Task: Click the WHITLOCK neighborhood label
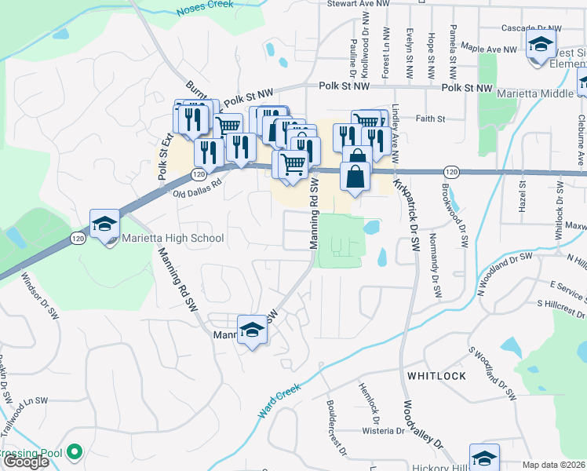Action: pos(436,376)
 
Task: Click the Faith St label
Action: pos(431,119)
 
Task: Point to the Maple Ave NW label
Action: pos(489,49)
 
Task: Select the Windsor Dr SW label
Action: pos(40,295)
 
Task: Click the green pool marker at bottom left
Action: pos(74,452)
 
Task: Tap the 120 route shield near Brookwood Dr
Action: pos(450,171)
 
